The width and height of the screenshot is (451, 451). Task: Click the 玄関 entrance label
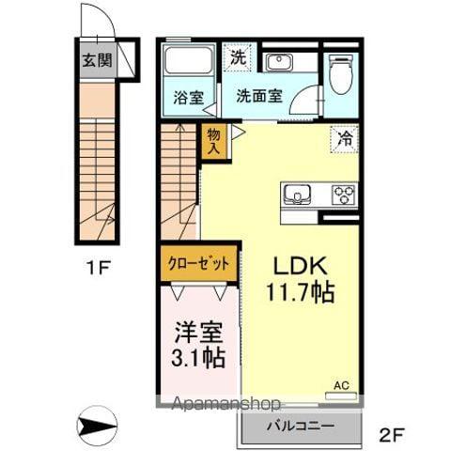tap(95, 62)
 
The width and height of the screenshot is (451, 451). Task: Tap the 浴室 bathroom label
tap(189, 96)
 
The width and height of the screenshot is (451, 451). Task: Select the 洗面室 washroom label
tap(258, 96)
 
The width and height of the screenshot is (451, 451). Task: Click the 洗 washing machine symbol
tap(239, 57)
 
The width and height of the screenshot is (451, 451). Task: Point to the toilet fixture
tap(341, 75)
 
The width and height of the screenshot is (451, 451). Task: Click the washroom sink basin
tap(278, 63)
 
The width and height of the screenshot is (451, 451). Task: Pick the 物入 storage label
tap(213, 141)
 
